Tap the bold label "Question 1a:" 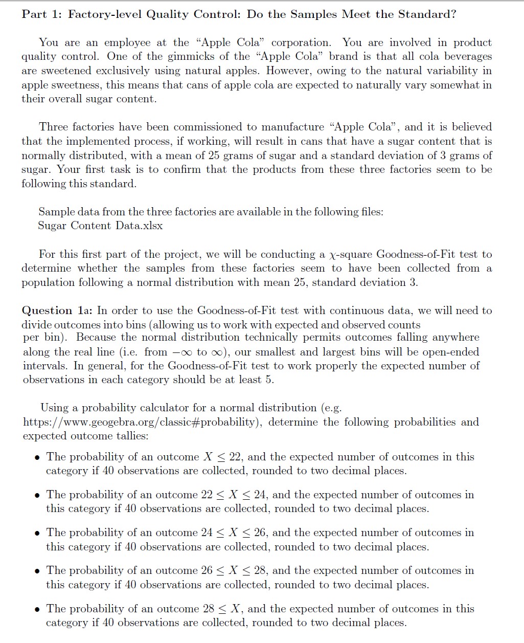tap(57, 311)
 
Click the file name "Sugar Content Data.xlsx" tap(100, 226)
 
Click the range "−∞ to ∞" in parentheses tap(201, 352)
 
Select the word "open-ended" tap(452, 352)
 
